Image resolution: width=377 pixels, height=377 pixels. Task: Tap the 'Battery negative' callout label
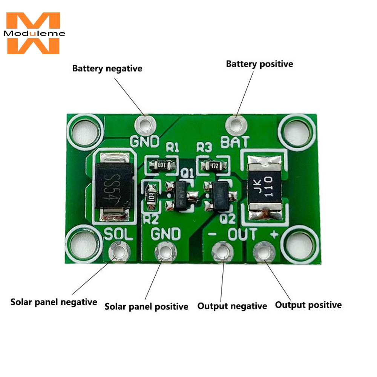click(107, 69)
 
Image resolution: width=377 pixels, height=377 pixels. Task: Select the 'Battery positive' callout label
click(259, 64)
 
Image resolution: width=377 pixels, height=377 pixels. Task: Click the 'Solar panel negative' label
click(54, 302)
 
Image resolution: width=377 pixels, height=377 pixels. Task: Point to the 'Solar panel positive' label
click(146, 307)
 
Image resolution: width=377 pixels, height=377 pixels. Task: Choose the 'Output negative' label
click(232, 306)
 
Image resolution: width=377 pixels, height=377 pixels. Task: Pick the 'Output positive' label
click(308, 305)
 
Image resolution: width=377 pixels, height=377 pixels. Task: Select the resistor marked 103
click(161, 165)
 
